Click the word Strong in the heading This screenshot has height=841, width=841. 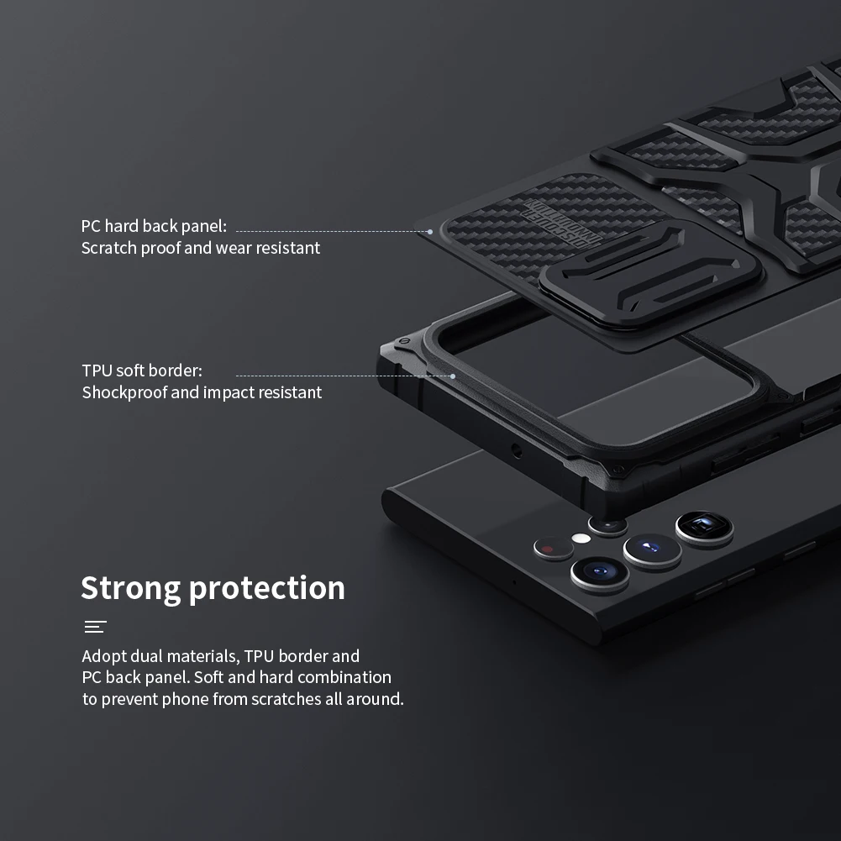pyautogui.click(x=129, y=588)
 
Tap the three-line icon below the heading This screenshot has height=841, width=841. pyautogui.click(x=95, y=627)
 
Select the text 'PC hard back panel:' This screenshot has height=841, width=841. pyautogui.click(x=154, y=226)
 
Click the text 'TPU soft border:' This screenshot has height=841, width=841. pyautogui.click(x=142, y=371)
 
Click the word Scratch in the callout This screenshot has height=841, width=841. pyautogui.click(x=108, y=248)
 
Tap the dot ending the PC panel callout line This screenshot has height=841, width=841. pyautogui.click(x=429, y=231)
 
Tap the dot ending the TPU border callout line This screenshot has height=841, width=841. pyautogui.click(x=453, y=376)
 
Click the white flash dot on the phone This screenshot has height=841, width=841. pyautogui.click(x=581, y=538)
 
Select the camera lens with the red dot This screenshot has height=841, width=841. pyautogui.click(x=553, y=549)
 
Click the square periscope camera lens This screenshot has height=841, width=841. pyautogui.click(x=704, y=527)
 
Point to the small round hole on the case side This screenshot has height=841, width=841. pyautogui.click(x=516, y=450)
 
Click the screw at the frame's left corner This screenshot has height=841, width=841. pyautogui.click(x=402, y=343)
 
